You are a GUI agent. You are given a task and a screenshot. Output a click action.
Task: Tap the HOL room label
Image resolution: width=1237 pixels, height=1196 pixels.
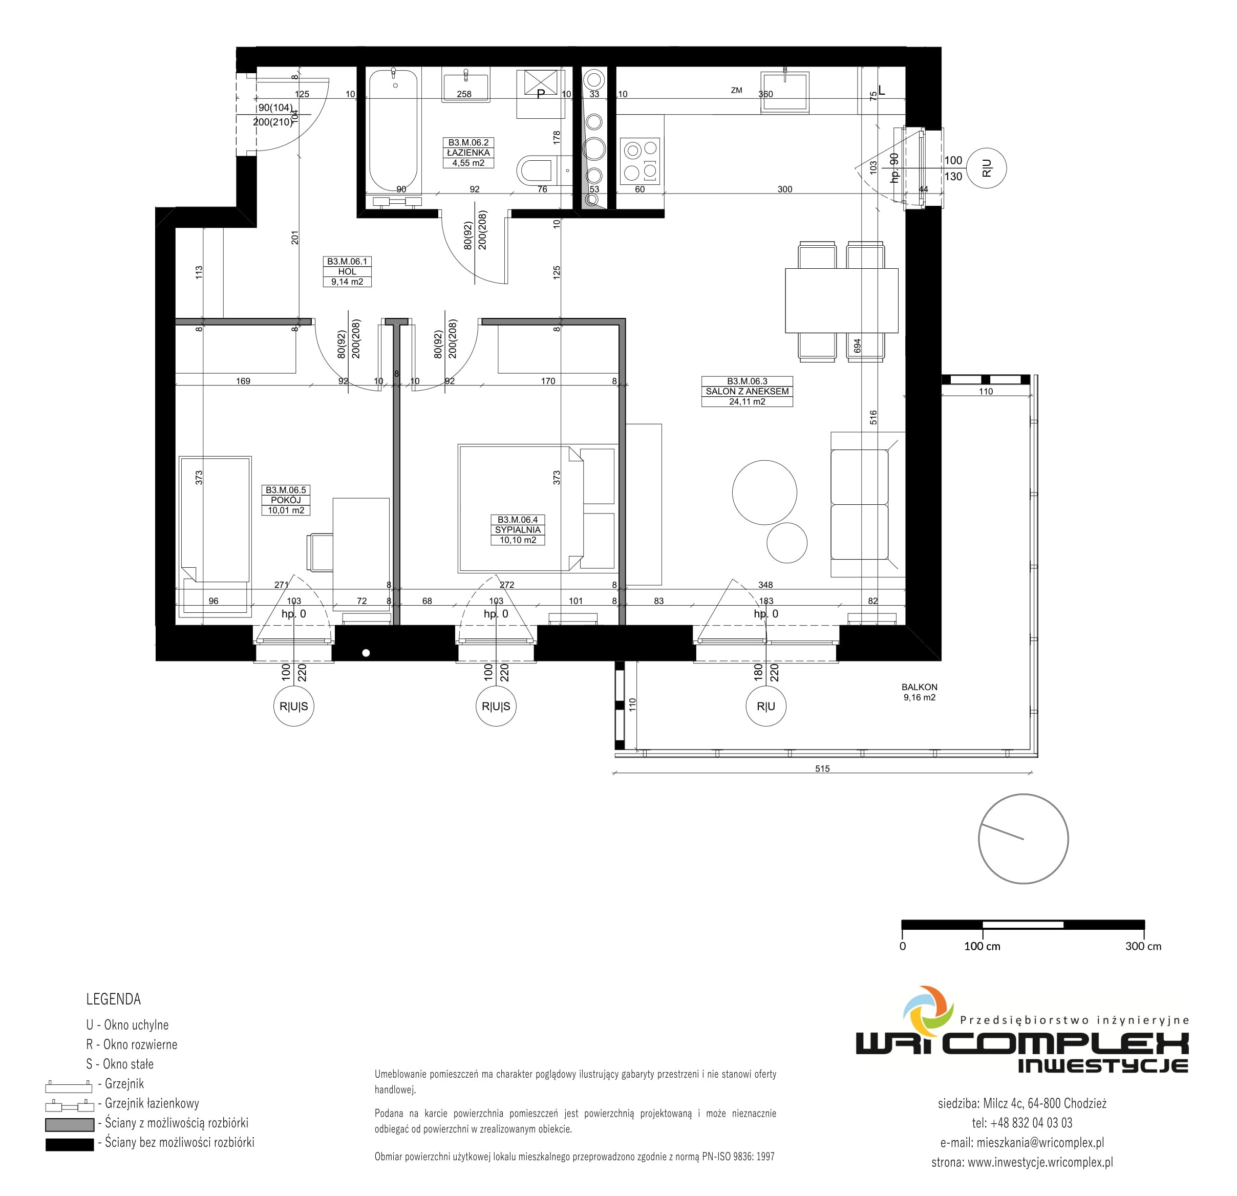(347, 271)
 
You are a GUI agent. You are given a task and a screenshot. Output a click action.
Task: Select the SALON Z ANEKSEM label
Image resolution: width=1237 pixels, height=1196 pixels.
(747, 391)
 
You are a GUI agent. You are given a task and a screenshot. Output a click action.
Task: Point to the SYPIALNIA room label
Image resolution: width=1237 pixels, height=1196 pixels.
(518, 530)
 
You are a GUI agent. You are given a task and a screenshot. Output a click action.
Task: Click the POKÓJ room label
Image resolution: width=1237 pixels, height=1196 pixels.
(286, 500)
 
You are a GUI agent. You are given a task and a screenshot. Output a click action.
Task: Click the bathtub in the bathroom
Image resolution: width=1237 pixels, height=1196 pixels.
(393, 130)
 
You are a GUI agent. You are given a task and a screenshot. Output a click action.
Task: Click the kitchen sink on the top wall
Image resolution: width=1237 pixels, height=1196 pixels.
(785, 92)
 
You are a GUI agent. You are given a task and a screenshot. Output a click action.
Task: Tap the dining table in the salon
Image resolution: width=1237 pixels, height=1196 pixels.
(841, 301)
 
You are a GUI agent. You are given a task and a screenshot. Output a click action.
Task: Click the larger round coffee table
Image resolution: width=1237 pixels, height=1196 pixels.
(764, 493)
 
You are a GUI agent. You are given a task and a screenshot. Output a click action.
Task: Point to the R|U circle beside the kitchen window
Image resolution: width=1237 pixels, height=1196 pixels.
(987, 168)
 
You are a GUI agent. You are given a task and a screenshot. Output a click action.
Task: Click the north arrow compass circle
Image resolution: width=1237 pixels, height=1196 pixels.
(1023, 839)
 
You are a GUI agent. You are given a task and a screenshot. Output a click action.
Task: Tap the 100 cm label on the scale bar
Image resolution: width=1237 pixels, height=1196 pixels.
(982, 946)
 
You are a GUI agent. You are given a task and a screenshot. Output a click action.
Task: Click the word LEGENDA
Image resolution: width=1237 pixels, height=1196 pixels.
(114, 999)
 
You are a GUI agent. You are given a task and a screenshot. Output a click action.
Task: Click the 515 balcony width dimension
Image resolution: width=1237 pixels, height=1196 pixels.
(822, 768)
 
